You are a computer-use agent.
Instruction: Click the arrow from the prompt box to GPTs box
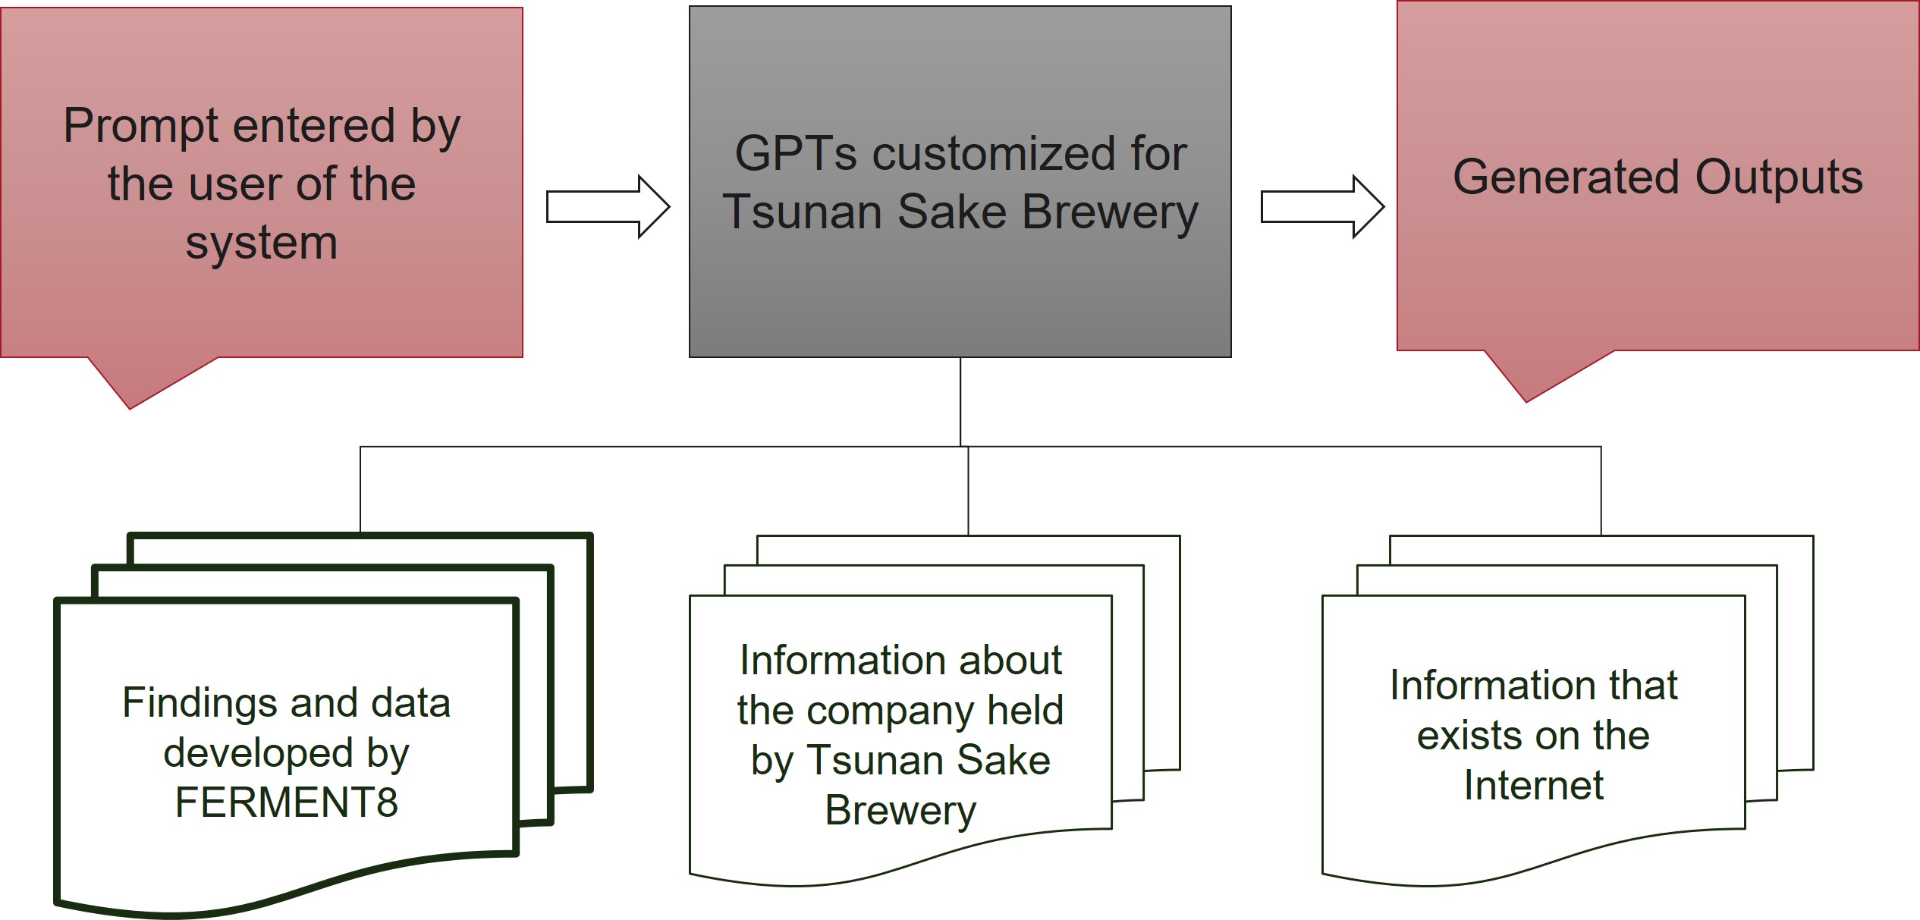608,207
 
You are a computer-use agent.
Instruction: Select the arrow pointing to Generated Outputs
1322,207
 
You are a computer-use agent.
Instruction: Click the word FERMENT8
287,802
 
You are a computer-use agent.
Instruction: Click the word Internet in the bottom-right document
1533,785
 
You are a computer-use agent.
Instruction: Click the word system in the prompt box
262,244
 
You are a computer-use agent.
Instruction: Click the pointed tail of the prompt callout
130,408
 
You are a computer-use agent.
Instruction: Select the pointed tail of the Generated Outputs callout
1526,401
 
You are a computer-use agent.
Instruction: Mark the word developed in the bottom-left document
258,753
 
